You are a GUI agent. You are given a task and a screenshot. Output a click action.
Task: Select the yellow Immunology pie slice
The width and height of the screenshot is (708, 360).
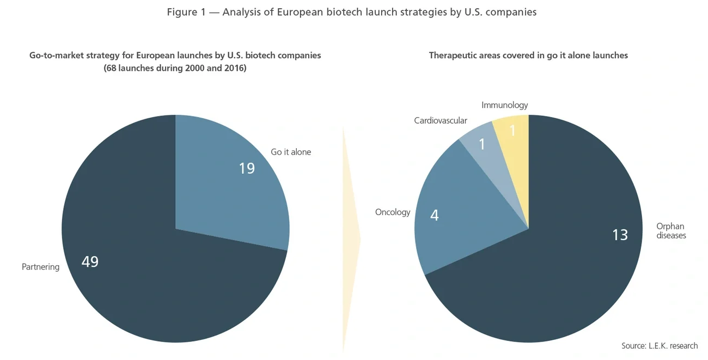[x=515, y=136]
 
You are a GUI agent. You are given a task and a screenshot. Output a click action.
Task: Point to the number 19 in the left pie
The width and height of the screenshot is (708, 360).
[x=247, y=168]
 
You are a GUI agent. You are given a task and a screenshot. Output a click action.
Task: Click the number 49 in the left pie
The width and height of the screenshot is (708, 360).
[x=90, y=262]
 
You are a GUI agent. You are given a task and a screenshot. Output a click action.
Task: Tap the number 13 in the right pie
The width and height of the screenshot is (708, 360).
[x=619, y=235]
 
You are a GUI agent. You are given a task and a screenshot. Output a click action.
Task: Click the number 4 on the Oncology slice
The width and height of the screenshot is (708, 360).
[x=434, y=216]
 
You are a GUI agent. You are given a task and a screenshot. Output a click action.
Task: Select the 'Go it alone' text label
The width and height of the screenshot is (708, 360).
[x=291, y=152]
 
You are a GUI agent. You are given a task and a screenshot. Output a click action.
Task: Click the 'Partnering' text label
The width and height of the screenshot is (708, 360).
[x=40, y=267]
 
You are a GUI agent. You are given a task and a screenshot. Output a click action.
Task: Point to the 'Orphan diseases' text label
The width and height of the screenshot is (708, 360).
[x=670, y=231]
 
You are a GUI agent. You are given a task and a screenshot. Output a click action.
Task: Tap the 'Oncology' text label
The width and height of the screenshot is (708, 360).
[x=392, y=212]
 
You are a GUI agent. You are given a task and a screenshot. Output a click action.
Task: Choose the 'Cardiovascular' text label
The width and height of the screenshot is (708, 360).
[x=440, y=120]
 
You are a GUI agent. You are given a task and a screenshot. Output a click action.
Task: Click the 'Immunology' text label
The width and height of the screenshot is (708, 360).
[x=504, y=105]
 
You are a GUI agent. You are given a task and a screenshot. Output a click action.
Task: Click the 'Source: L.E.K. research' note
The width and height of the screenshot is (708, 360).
[x=659, y=346]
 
